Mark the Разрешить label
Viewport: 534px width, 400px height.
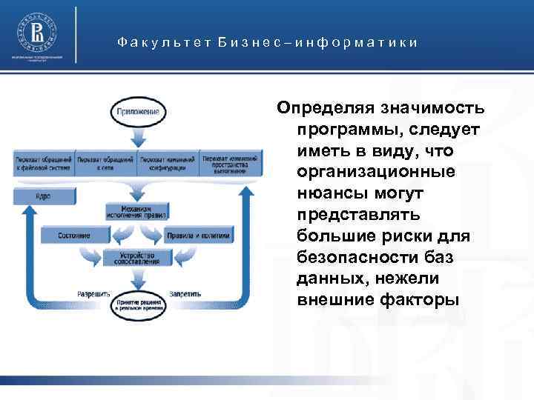click(93, 293)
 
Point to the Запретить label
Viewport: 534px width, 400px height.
click(185, 293)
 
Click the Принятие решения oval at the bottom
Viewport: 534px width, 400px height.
click(139, 304)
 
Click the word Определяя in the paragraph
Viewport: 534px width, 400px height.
click(323, 110)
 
